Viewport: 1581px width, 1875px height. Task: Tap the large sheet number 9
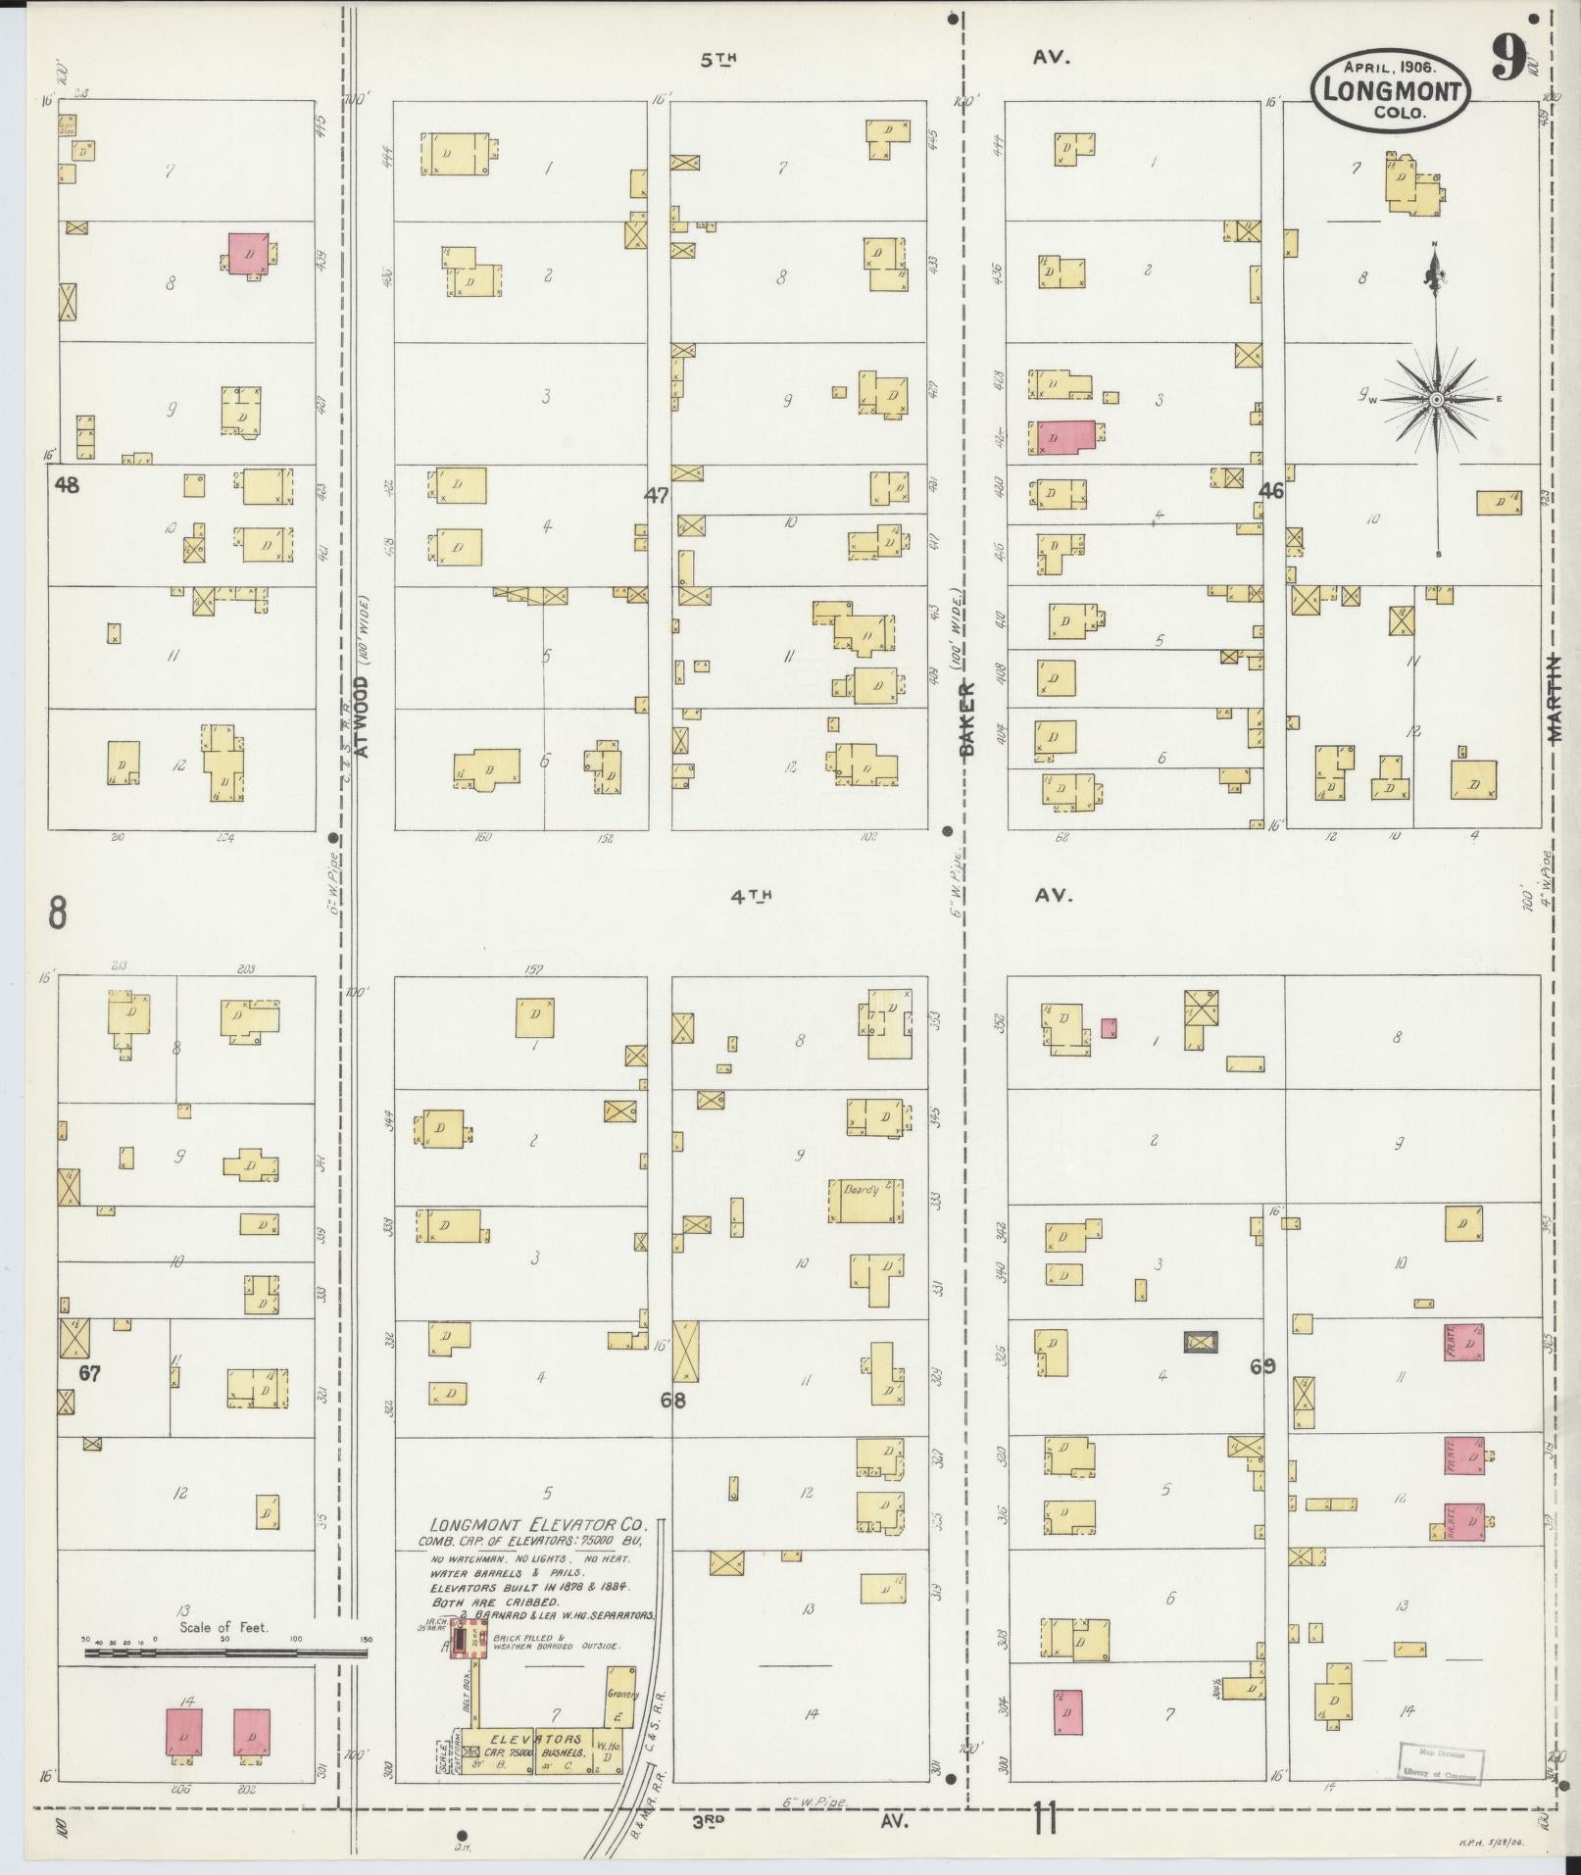(x=1507, y=60)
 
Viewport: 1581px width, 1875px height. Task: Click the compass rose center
(x=1436, y=399)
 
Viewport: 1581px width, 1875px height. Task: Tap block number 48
(x=67, y=484)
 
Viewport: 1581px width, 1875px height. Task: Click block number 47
(x=656, y=496)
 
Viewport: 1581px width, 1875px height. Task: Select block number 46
(x=1271, y=492)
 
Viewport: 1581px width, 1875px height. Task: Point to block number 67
(x=89, y=1373)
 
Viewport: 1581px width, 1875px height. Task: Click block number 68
(x=672, y=1400)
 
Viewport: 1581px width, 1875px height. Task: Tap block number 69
(x=1262, y=1365)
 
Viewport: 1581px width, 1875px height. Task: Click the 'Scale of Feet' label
(x=224, y=1628)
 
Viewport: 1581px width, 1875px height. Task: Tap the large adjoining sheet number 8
(x=57, y=913)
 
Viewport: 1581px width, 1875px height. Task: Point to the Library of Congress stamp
(x=1440, y=1764)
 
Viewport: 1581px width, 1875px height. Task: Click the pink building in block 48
(x=248, y=253)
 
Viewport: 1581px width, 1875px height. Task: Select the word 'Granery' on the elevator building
(x=621, y=1694)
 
